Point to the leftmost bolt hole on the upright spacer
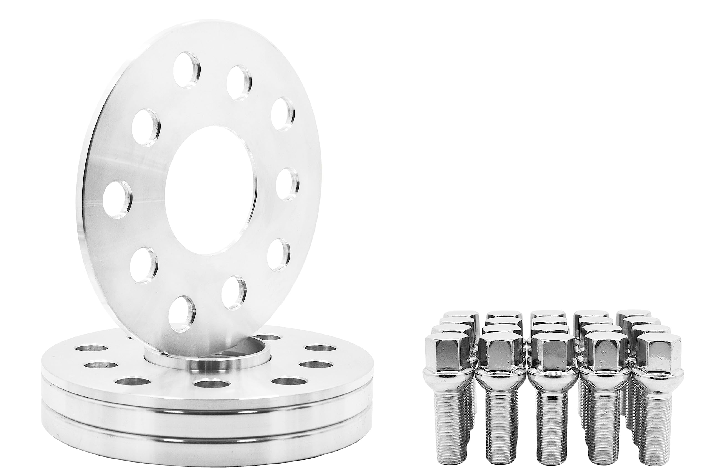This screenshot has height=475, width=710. [x=117, y=195]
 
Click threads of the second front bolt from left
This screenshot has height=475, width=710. [x=496, y=424]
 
